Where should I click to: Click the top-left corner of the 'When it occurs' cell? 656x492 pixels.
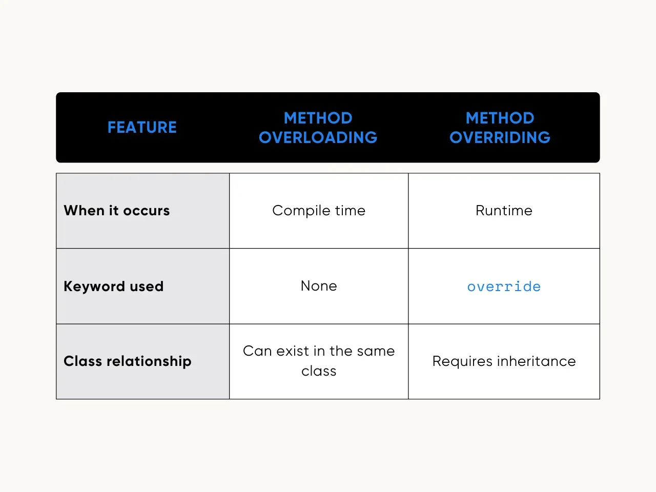click(x=56, y=173)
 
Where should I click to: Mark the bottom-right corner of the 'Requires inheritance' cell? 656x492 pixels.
click(x=600, y=399)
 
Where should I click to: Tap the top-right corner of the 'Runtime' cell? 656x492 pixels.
click(x=600, y=173)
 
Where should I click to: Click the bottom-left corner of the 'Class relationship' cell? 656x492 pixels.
click(x=56, y=399)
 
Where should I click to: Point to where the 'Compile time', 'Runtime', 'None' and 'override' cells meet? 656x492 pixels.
click(x=408, y=248)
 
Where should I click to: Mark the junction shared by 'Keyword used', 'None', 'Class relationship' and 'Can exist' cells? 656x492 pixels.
click(x=230, y=324)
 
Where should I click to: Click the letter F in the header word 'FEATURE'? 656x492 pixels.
click(x=112, y=127)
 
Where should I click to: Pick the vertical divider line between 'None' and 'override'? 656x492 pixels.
click(x=408, y=286)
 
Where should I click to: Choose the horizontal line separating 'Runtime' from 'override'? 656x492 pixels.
click(x=504, y=248)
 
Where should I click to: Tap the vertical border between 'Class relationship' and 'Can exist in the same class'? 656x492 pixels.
click(x=230, y=361)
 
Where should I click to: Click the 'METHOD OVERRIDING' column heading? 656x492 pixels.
click(x=500, y=128)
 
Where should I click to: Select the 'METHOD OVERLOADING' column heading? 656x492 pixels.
click(x=318, y=128)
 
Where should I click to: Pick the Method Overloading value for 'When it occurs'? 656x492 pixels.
click(x=319, y=211)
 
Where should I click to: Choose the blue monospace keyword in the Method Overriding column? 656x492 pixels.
click(x=504, y=286)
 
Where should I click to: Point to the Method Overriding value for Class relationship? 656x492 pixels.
click(x=504, y=361)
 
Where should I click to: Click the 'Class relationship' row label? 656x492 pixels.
click(x=128, y=361)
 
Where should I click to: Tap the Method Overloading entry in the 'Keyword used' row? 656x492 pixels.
click(x=319, y=286)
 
